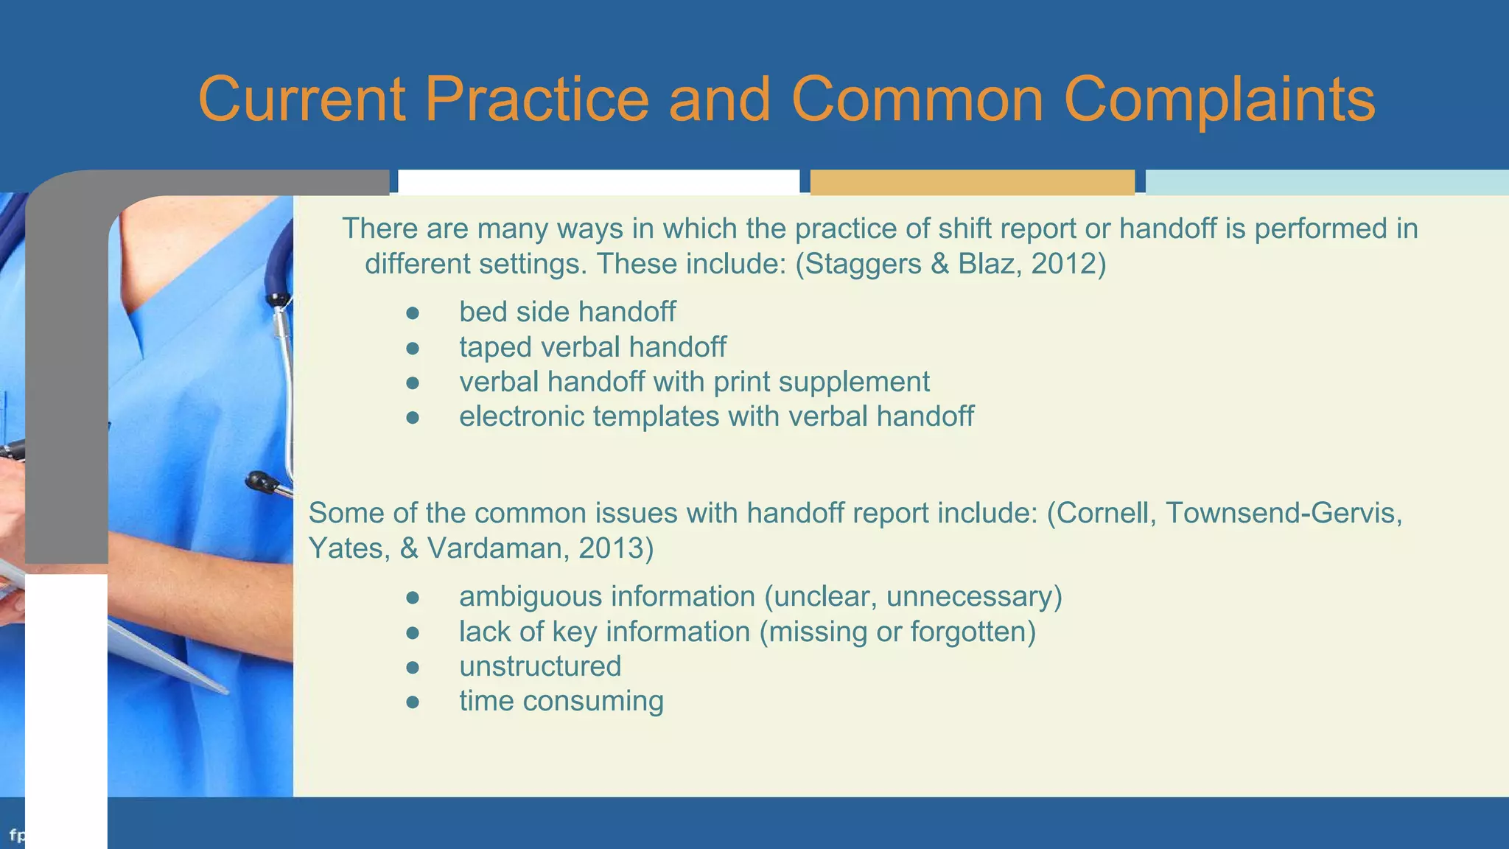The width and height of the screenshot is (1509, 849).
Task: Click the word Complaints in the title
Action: pos(1219,99)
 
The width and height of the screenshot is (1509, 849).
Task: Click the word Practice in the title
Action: pos(536,99)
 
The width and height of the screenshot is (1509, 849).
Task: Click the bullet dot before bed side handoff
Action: pos(413,313)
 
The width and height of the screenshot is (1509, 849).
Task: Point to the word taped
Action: pos(495,347)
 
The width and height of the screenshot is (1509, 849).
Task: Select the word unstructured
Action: pos(540,666)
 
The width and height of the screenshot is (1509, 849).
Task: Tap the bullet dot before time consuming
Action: pos(413,702)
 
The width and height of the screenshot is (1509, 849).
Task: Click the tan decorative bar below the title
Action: pos(972,182)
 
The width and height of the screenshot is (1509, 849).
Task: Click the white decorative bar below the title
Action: pos(598,182)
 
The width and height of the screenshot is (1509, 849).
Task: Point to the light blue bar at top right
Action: pos(1326,182)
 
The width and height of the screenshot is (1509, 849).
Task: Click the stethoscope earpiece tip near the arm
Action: pos(259,482)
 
